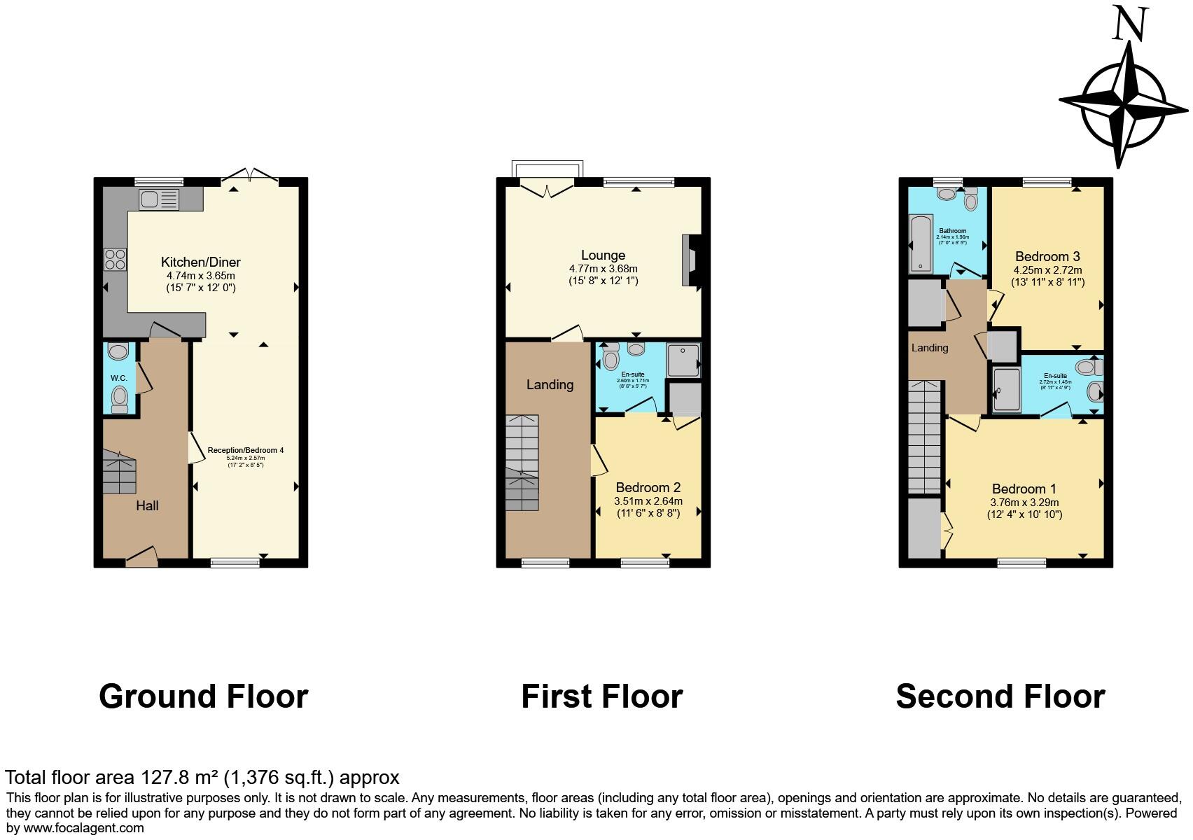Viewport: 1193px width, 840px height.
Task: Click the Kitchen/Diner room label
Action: point(200,262)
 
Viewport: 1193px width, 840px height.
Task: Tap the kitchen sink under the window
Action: point(159,199)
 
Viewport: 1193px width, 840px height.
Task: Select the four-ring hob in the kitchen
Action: point(115,260)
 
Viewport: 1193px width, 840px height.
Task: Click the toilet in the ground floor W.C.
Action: point(120,397)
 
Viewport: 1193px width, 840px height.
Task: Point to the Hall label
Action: point(147,505)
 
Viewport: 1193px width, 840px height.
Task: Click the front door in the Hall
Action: point(142,557)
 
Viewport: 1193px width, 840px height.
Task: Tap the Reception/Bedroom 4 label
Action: point(245,450)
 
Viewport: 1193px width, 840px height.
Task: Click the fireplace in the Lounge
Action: point(690,260)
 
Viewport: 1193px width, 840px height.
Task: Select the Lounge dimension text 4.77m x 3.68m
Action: point(603,269)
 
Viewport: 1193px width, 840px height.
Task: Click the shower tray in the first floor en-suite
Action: point(682,360)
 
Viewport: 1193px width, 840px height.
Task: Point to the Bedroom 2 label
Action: point(648,487)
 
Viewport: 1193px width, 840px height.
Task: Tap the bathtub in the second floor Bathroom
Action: point(919,244)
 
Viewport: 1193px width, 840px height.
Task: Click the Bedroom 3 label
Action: point(1047,256)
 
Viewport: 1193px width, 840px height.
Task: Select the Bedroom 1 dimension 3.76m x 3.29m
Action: point(1024,502)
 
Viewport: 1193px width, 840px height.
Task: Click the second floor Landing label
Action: point(929,348)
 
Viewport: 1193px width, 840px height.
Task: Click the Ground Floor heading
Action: point(203,696)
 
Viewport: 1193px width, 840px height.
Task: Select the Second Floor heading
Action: point(1000,696)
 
